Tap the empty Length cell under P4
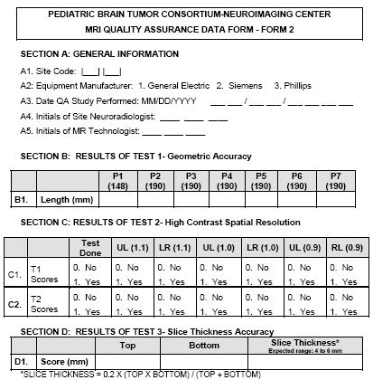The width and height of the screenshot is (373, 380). tap(226, 198)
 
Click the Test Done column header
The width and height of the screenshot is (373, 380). tap(90, 246)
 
